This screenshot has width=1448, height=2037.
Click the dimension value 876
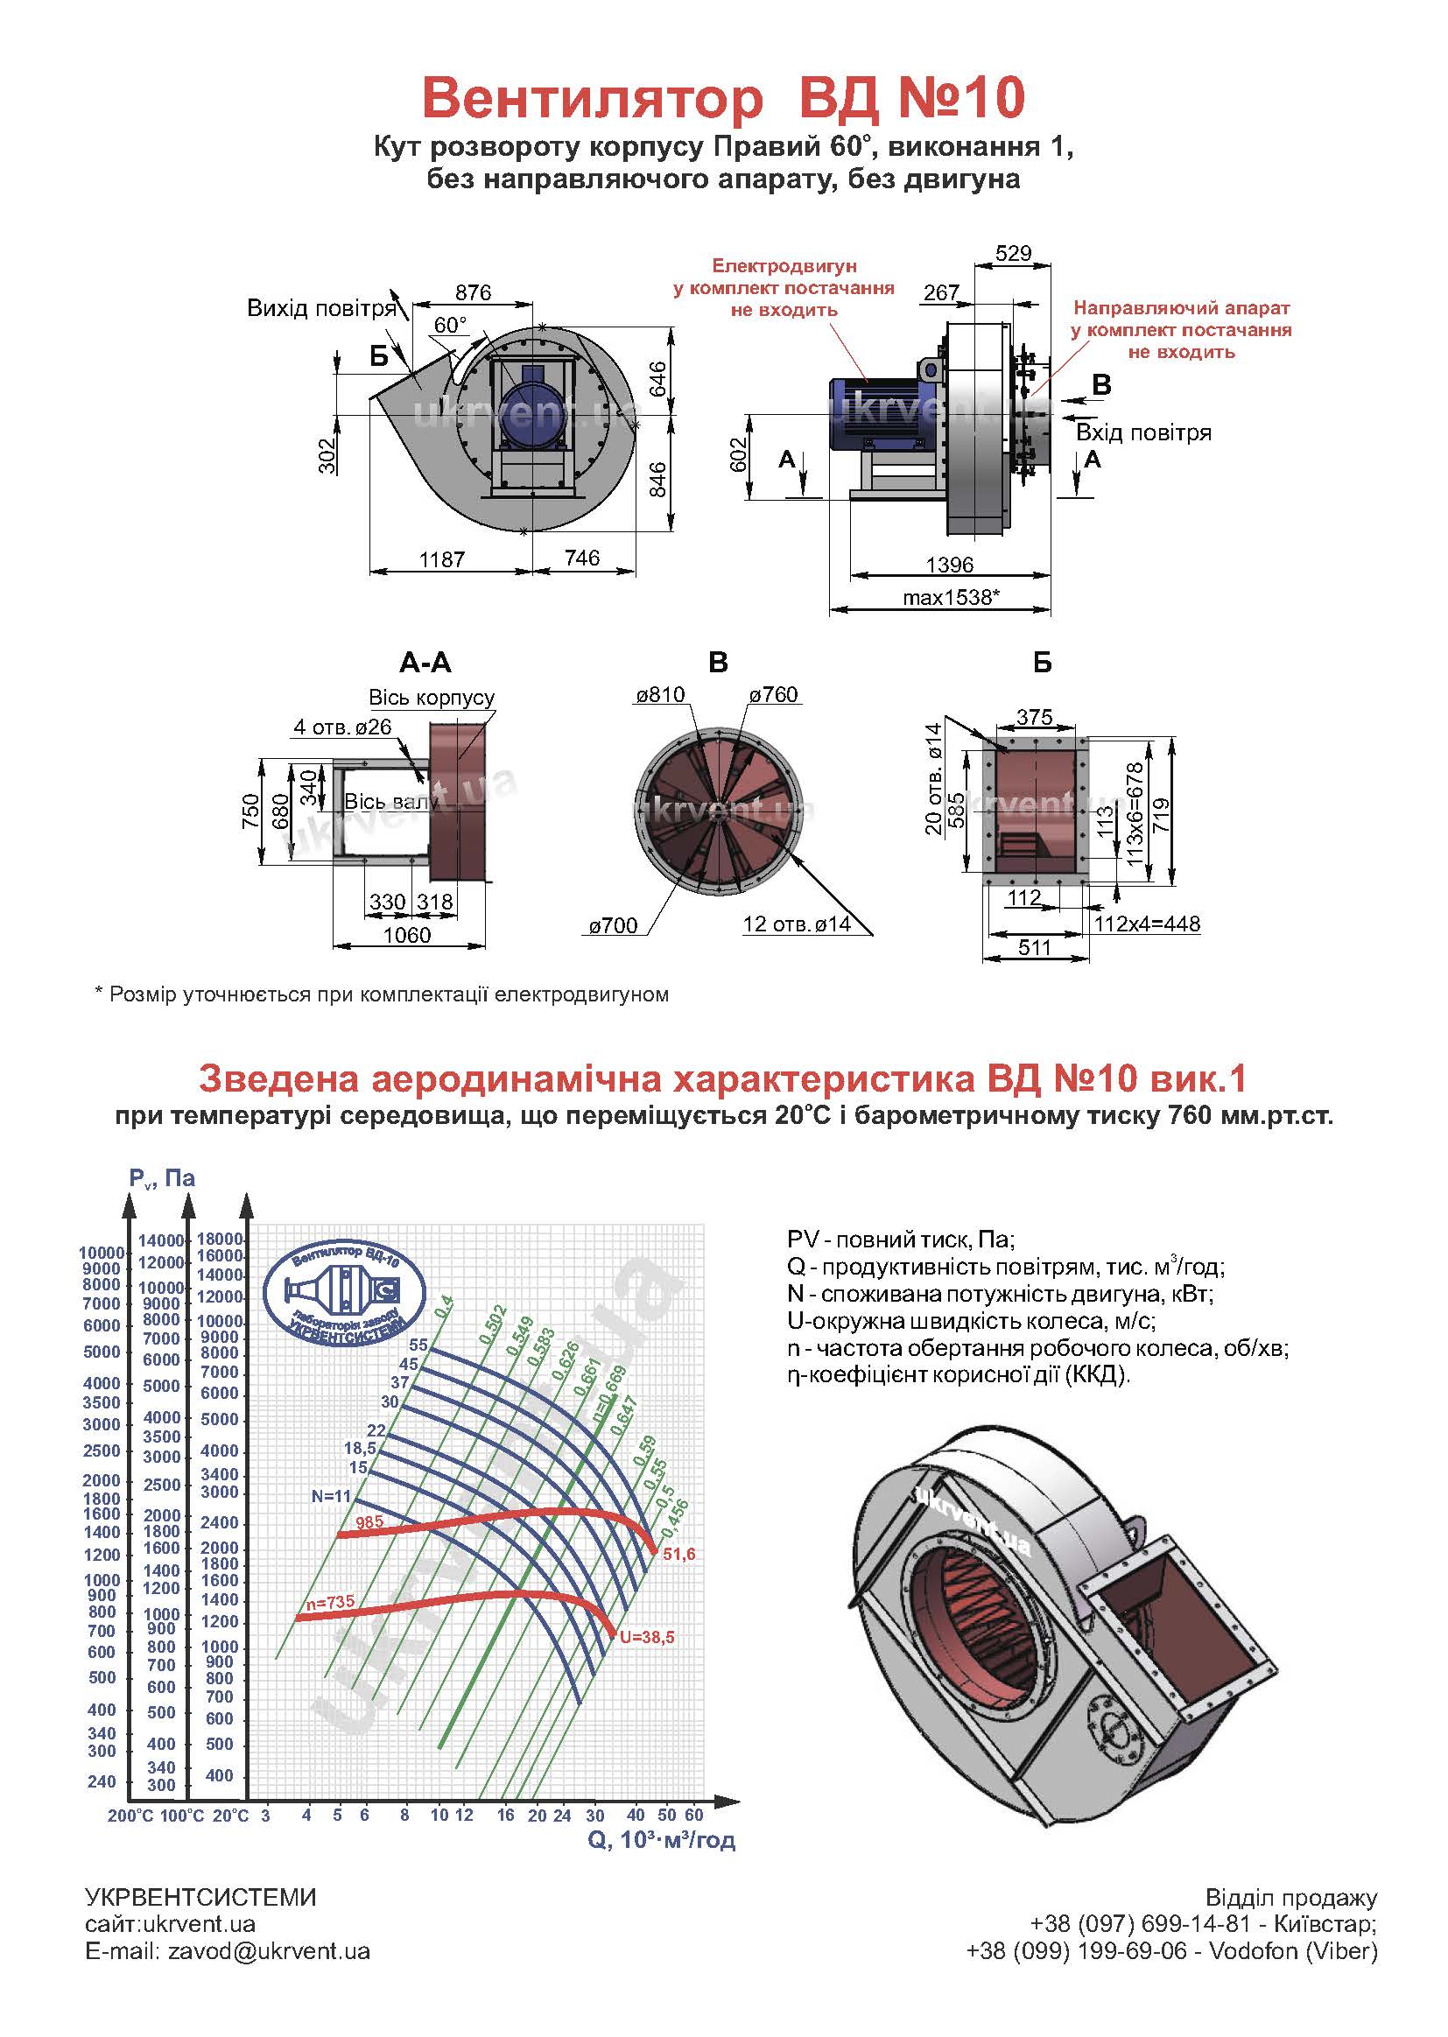(x=473, y=292)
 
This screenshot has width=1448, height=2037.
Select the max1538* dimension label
(x=951, y=597)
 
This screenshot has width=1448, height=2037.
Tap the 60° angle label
(x=450, y=325)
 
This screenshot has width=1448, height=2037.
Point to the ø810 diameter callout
(x=660, y=694)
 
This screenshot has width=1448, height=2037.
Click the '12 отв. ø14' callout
(x=796, y=924)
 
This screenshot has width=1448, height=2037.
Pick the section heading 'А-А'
(x=425, y=663)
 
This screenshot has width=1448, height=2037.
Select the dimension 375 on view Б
(x=1034, y=717)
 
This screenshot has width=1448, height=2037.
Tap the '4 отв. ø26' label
(x=342, y=727)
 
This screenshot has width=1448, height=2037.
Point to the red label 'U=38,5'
(x=646, y=1638)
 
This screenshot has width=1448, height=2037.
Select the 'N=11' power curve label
(x=331, y=1497)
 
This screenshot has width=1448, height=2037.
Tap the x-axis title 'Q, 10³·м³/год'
(x=661, y=1840)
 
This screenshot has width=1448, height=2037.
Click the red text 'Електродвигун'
(x=784, y=265)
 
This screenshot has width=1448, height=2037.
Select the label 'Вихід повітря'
(x=321, y=308)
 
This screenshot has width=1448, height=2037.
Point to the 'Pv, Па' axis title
(x=161, y=1178)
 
